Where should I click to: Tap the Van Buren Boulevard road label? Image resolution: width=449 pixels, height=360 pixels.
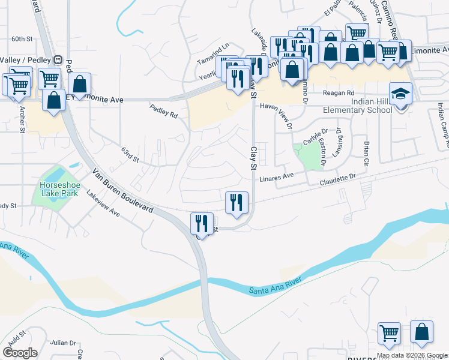pos(122,191)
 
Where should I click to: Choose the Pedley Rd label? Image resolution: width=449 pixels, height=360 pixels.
pos(163,110)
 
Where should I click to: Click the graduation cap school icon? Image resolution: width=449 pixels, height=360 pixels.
pos(400,94)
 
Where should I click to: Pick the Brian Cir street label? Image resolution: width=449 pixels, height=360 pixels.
pos(364,152)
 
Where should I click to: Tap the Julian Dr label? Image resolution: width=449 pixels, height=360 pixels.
pos(64,343)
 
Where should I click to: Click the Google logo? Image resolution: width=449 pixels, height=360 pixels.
pos(20,353)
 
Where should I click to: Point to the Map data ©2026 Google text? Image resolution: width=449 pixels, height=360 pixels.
pos(412,355)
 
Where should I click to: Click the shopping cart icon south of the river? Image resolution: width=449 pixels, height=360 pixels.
pos(390,334)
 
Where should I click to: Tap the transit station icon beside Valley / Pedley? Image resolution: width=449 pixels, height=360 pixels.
pos(58,59)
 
